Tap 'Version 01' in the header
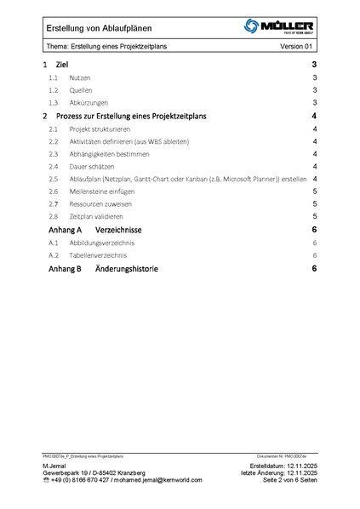click(297, 47)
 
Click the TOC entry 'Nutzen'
click(81, 77)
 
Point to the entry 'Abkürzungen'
click(89, 103)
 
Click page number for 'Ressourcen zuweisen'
click(315, 205)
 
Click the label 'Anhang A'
click(60, 231)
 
